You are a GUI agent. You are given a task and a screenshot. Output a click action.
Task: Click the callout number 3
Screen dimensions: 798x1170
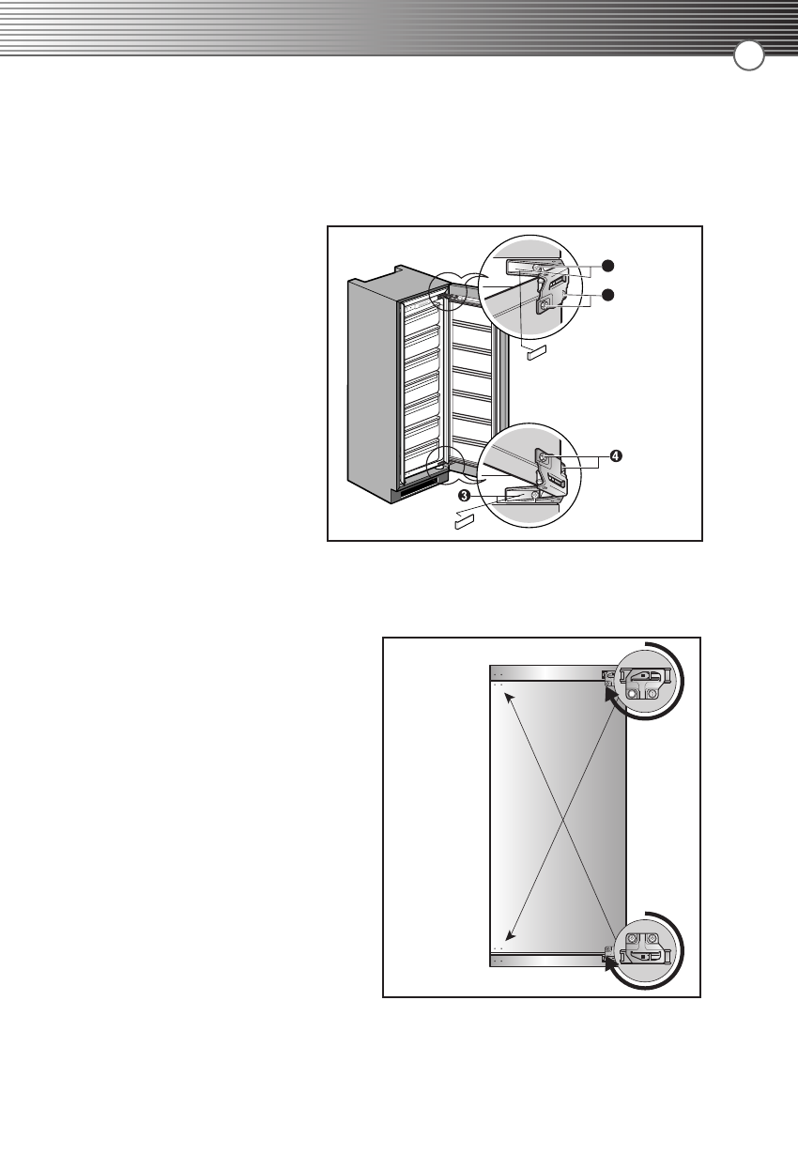[x=463, y=495]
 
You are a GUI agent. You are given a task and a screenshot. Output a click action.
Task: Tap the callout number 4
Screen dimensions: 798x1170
[x=614, y=455]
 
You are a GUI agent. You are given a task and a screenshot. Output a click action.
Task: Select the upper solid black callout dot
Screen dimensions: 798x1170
[x=608, y=265]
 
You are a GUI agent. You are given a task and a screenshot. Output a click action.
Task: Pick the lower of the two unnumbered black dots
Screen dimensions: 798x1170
[x=608, y=295]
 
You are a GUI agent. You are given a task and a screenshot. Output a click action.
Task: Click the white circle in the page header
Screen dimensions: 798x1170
[x=748, y=56]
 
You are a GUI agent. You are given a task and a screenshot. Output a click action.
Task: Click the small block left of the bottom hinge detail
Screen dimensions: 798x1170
[x=466, y=519]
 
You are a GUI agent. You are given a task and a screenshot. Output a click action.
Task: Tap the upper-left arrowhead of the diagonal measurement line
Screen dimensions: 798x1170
[x=499, y=690]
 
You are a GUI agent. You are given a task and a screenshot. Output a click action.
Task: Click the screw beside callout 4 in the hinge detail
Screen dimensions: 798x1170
[x=544, y=459]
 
